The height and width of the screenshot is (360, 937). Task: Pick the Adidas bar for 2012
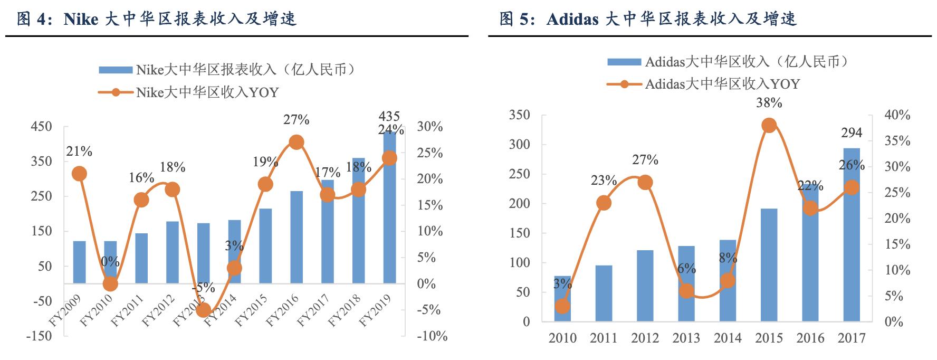pyautogui.click(x=645, y=286)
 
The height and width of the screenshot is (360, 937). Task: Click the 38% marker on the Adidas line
pyautogui.click(x=769, y=126)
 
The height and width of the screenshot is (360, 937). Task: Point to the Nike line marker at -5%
pyautogui.click(x=203, y=310)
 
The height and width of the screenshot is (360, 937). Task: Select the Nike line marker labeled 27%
pyautogui.click(x=297, y=142)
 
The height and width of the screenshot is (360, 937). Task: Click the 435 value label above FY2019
pyautogui.click(x=389, y=116)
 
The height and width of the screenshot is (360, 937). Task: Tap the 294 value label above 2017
pyautogui.click(x=852, y=132)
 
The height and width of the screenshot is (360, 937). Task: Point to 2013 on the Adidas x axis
pyautogui.click(x=686, y=338)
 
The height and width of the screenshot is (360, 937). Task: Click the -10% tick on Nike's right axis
pyautogui.click(x=432, y=336)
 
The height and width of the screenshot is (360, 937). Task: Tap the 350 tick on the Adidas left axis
pyautogui.click(x=519, y=115)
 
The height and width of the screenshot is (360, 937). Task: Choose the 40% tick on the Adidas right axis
pyautogui.click(x=897, y=115)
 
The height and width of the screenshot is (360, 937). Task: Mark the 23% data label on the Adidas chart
pyautogui.click(x=604, y=181)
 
